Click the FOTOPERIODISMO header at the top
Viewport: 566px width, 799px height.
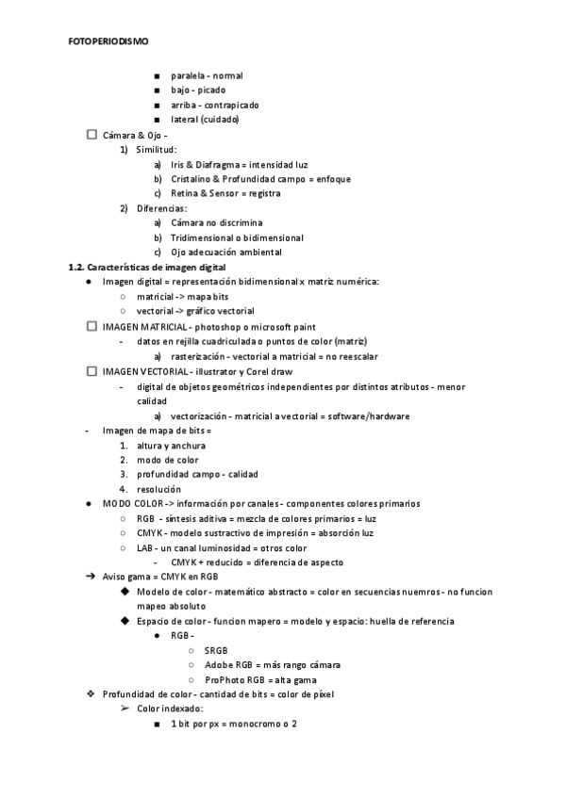point(108,41)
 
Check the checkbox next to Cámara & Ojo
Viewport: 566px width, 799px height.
point(91,135)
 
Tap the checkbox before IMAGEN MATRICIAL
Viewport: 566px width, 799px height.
point(91,326)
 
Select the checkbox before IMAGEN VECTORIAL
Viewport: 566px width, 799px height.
point(91,372)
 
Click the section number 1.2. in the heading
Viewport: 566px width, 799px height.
point(77,267)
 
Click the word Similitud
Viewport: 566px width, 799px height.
point(156,149)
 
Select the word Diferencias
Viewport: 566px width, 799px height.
point(161,208)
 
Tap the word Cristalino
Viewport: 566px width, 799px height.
point(192,179)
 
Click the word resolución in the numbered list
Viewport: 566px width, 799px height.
point(158,489)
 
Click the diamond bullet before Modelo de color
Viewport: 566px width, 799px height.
point(125,592)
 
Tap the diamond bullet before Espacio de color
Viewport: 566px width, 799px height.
point(125,621)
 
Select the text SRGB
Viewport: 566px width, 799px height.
point(215,650)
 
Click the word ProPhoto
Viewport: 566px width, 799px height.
point(224,679)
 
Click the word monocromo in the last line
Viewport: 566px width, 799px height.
point(249,723)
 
